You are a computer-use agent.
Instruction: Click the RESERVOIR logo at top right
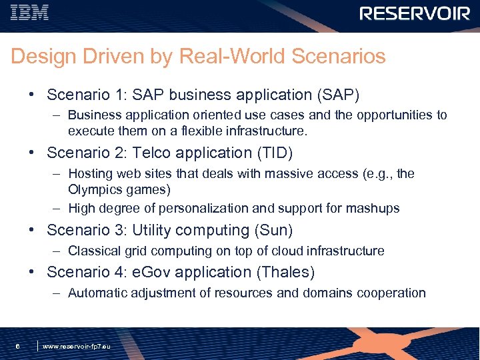tap(415, 13)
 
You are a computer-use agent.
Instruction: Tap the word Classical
tap(95, 251)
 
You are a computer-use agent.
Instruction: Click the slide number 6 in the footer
tap(17, 346)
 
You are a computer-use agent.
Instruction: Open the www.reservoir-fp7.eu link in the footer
tap(77, 347)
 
